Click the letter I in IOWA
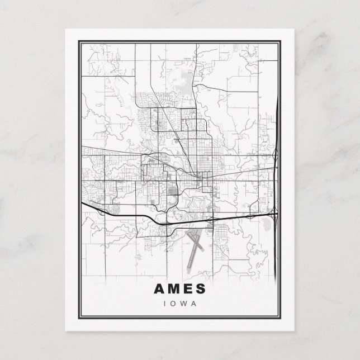pyautogui.click(x=163, y=304)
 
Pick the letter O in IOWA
pyautogui.click(x=172, y=304)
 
